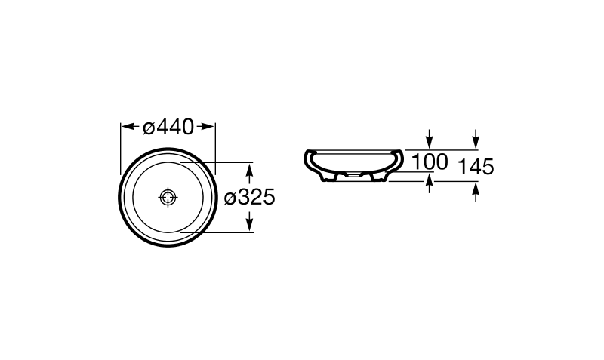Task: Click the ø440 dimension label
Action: tap(168, 127)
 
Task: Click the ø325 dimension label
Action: tap(250, 198)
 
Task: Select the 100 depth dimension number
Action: tap(430, 162)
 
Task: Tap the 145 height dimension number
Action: tap(476, 167)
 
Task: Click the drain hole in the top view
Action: tap(168, 198)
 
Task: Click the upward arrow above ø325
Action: tap(250, 174)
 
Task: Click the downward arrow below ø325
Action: tap(250, 220)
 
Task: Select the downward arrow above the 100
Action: tap(430, 139)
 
